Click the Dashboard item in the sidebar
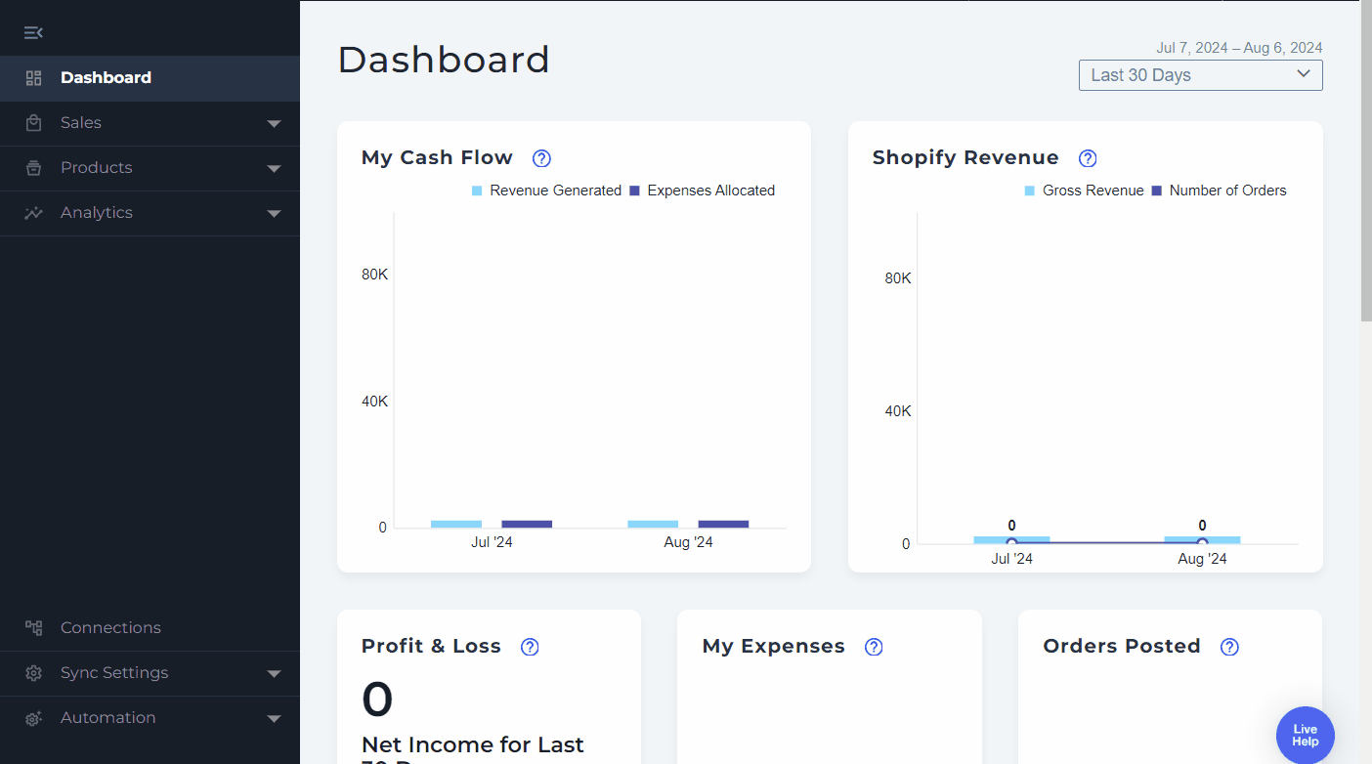[106, 78]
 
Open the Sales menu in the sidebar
[81, 123]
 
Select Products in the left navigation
[96, 168]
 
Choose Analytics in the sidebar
[96, 213]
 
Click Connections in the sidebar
[110, 628]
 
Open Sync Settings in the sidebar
[114, 673]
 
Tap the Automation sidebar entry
[107, 718]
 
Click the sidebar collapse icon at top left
[33, 33]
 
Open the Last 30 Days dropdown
[1200, 75]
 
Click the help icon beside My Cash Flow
[541, 158]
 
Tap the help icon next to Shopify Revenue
[1088, 158]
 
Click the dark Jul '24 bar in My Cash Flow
[527, 524]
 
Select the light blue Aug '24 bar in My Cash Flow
[653, 524]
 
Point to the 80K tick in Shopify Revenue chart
[898, 278]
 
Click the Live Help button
[1305, 735]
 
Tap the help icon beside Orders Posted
[1229, 647]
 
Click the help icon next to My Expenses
[874, 647]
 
